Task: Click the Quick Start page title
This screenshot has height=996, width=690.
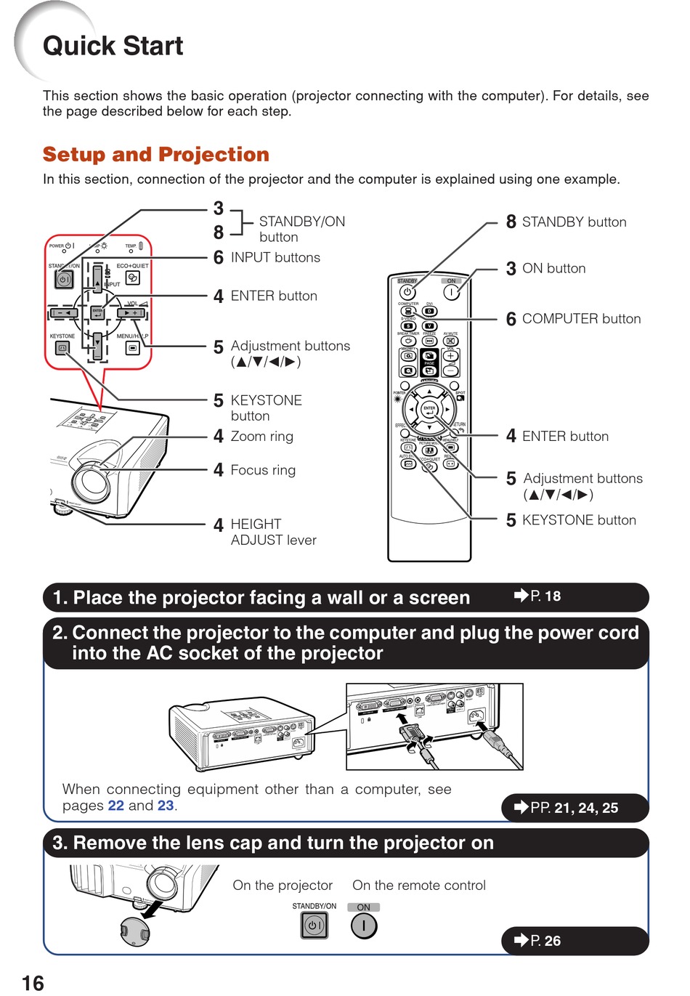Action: click(113, 46)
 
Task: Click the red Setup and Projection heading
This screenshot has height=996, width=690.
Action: click(155, 155)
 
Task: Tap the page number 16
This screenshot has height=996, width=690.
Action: click(33, 983)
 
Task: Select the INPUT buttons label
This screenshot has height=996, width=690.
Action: click(275, 258)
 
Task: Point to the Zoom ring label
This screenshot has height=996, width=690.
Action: click(261, 437)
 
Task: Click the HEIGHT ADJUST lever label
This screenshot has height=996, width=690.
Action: click(273, 532)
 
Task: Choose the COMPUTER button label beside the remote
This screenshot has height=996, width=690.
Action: click(581, 319)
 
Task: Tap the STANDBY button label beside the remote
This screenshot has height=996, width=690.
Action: click(574, 222)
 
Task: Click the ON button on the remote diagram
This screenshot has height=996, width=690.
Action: click(451, 292)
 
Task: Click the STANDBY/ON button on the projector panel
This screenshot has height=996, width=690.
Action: click(64, 279)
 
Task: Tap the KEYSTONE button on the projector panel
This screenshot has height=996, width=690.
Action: click(62, 349)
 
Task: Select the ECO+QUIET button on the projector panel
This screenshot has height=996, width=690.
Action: click(132, 278)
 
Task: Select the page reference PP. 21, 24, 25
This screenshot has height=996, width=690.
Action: click(574, 808)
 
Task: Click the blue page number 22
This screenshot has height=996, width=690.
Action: click(115, 806)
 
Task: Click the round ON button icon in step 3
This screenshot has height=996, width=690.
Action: click(363, 926)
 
